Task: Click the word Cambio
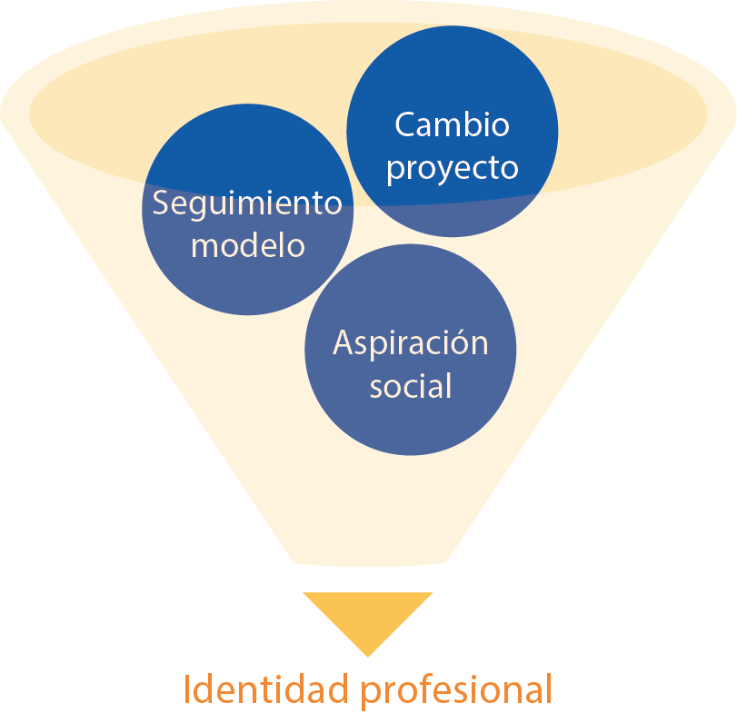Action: point(452,124)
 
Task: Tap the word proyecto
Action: point(452,169)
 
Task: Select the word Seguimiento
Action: point(247,203)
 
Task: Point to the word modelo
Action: point(247,245)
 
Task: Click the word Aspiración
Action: point(410,343)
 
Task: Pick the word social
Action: point(410,386)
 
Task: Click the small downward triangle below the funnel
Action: point(368,615)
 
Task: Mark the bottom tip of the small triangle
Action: point(368,655)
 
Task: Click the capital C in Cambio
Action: point(403,124)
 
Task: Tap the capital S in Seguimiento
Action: point(161,203)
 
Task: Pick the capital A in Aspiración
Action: point(344,343)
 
